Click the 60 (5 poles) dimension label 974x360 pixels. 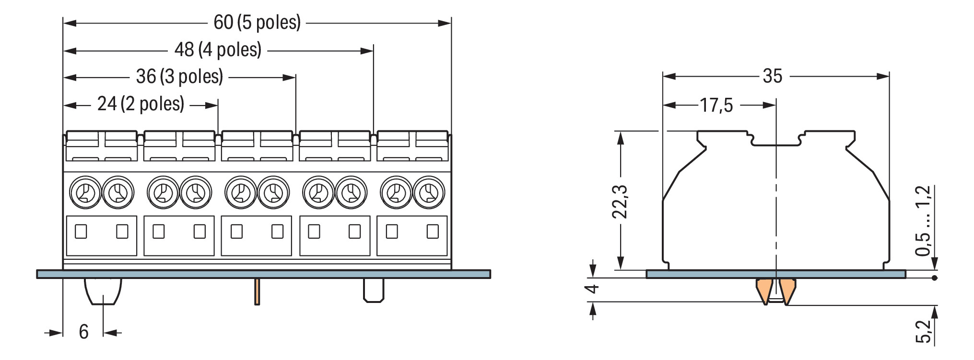pos(257,23)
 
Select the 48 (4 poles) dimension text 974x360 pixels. pos(218,50)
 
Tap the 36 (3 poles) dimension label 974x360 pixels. pos(179,77)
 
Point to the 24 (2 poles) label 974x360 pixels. pos(141,104)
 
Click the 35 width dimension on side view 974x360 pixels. pos(772,76)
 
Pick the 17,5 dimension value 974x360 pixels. pos(716,105)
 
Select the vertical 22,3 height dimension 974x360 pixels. pos(620,201)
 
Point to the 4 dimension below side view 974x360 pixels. pos(593,289)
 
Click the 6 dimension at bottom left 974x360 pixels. pos(83,332)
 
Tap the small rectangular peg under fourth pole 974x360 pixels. pos(373,290)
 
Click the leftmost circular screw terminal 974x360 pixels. pos(85,193)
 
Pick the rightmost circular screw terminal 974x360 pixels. pos(429,193)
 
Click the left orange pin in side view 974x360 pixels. pos(763,290)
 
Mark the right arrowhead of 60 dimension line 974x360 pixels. pos(445,23)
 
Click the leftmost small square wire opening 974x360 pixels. pos(81,232)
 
